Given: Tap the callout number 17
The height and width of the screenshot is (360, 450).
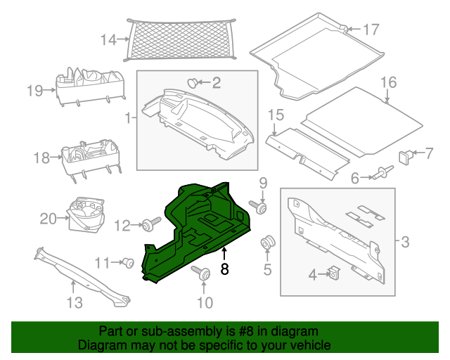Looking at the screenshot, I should (371, 30).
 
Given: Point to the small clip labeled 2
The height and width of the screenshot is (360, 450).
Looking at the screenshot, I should (192, 84).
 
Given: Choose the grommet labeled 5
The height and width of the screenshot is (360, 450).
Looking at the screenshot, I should (267, 245).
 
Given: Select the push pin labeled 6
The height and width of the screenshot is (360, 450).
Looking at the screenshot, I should (383, 172).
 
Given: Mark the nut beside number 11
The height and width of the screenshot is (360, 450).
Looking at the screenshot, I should (129, 263).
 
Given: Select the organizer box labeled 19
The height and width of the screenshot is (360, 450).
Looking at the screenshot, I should (91, 86).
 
